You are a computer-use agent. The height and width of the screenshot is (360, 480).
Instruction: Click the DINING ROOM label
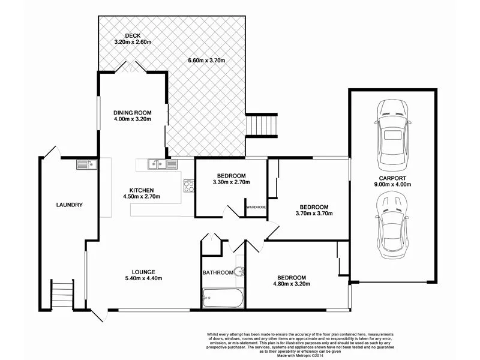point(133,112)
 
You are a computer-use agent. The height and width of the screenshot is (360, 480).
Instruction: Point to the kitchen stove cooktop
point(188,186)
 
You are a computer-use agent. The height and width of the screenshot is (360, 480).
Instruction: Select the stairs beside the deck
point(261,125)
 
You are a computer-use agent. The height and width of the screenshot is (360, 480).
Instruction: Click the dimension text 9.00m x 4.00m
point(393,185)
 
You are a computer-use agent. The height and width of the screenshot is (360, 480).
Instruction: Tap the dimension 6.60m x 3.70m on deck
point(206,61)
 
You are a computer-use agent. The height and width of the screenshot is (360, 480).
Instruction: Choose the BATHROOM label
point(217,272)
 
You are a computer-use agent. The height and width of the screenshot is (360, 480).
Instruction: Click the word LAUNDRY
point(69,205)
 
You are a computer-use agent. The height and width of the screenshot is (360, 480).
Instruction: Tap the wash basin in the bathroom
point(240,271)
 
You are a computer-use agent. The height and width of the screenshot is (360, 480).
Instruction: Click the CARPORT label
point(393,178)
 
